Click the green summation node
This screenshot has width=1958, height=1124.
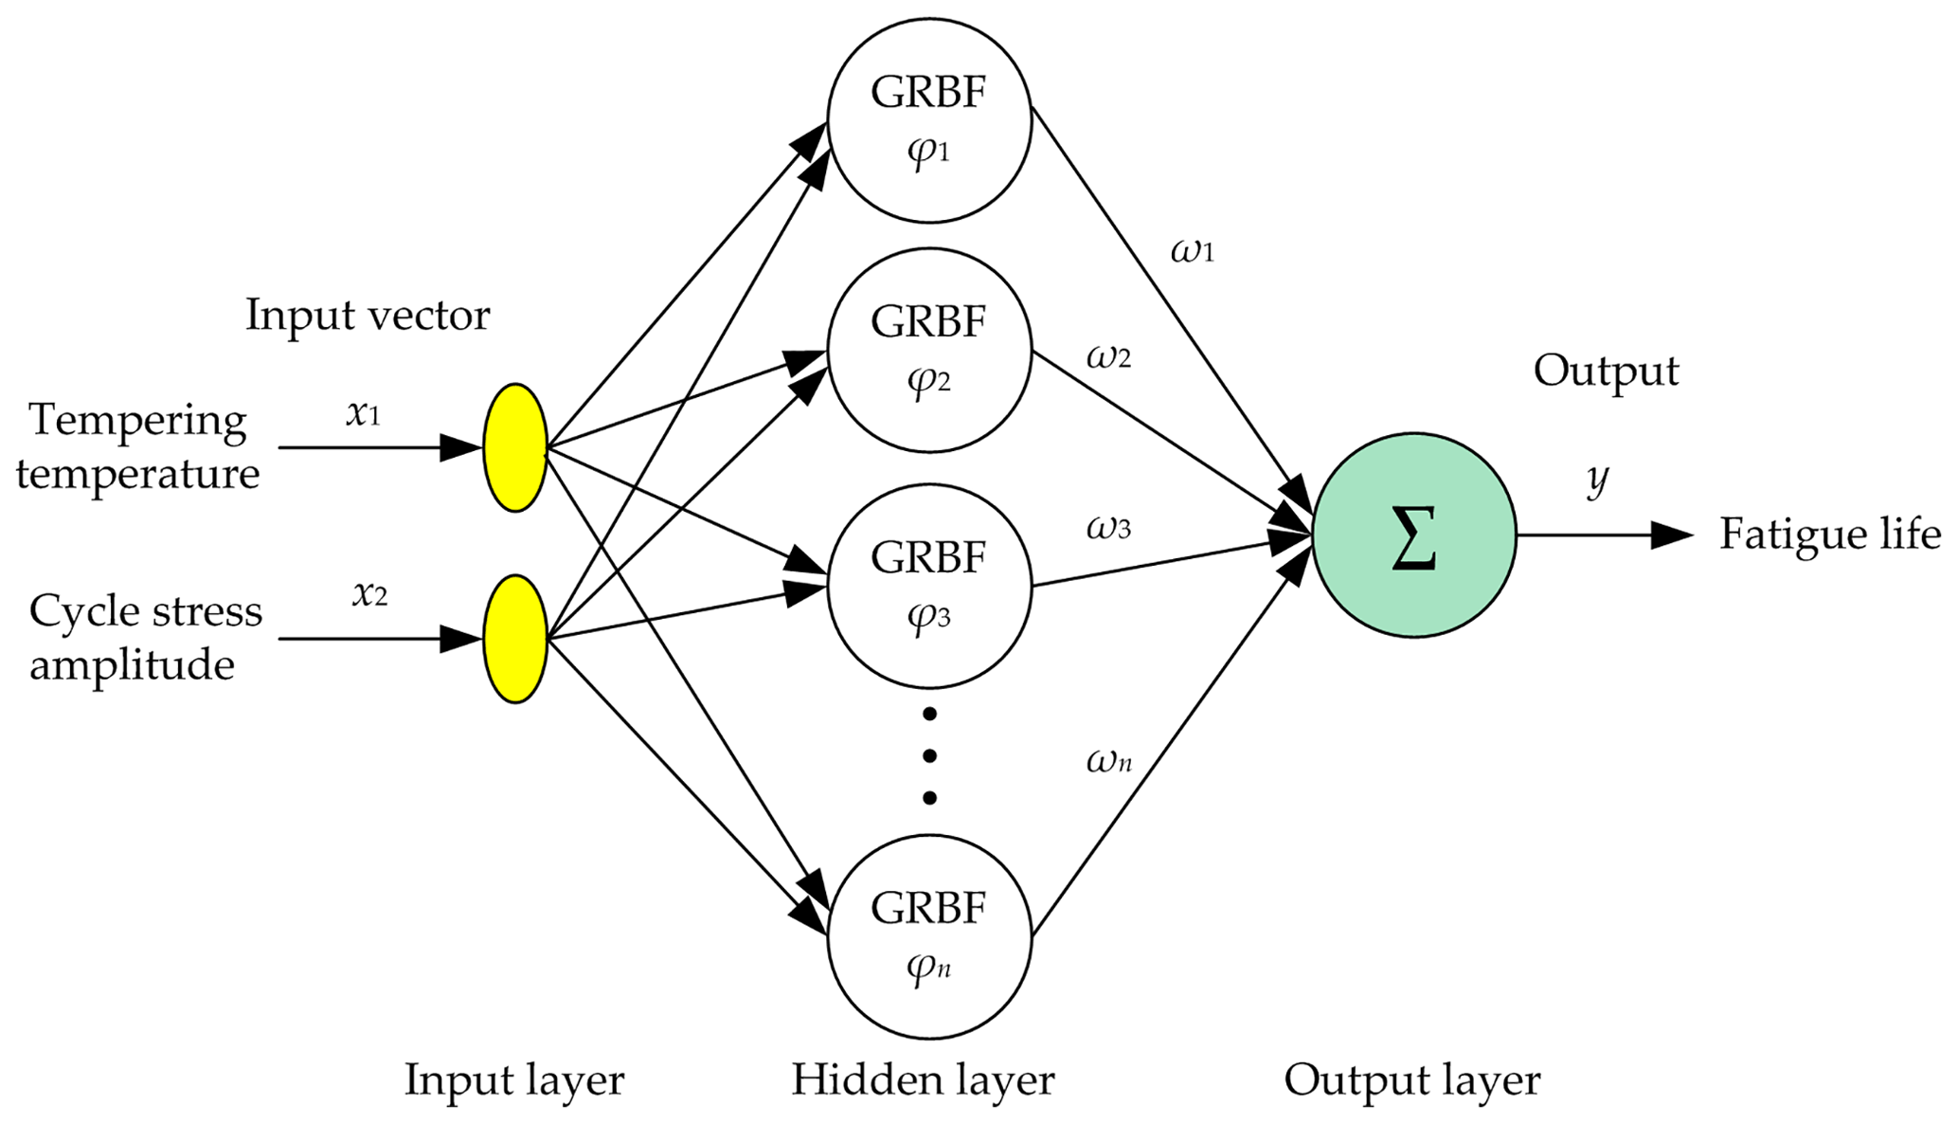tap(1413, 535)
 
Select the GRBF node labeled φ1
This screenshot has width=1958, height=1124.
tap(929, 120)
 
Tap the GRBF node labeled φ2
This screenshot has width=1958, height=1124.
tap(929, 351)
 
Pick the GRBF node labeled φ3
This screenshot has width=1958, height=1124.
tap(929, 586)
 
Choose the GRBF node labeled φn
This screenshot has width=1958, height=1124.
tap(929, 936)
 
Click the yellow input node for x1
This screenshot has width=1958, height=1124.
tap(515, 447)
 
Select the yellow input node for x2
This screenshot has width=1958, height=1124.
tap(515, 638)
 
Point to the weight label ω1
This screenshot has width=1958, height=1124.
tap(1192, 251)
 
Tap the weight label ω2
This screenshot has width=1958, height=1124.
tap(1108, 357)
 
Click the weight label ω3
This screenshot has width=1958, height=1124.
tap(1108, 527)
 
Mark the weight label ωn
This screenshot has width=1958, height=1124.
tap(1108, 760)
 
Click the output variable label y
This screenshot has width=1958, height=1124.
tap(1597, 480)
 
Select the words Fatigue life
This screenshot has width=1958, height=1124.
tap(1830, 535)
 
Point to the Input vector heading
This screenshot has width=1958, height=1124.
tap(368, 316)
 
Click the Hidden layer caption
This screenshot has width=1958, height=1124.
tap(923, 1080)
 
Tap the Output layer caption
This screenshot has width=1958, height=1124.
tap(1411, 1080)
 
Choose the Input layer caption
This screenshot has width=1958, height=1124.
tap(514, 1080)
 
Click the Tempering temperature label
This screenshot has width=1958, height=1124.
tap(138, 446)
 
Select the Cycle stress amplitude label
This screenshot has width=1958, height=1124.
tap(145, 638)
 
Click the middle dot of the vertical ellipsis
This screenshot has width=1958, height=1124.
tap(929, 755)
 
